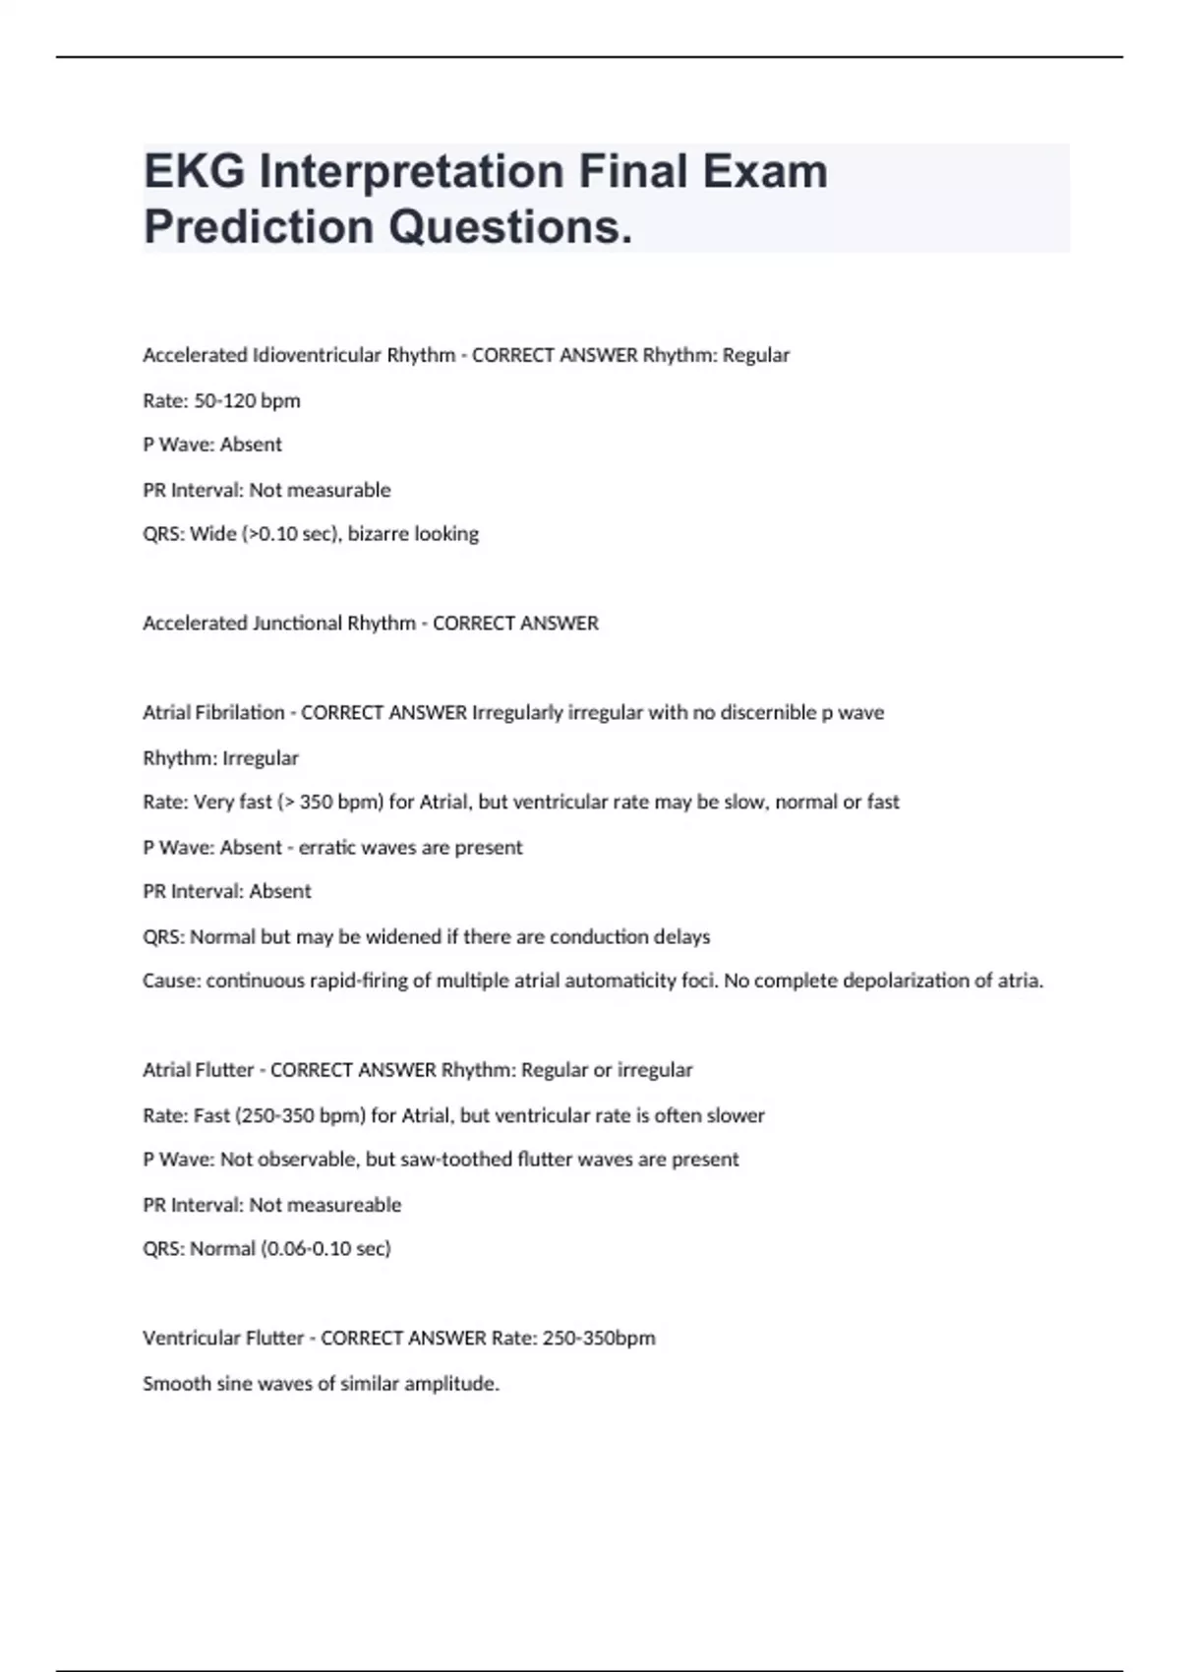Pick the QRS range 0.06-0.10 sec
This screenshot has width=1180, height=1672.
pos(324,1249)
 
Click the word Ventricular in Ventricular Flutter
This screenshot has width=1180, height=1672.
pos(188,1339)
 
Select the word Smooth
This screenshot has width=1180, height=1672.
pos(173,1384)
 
